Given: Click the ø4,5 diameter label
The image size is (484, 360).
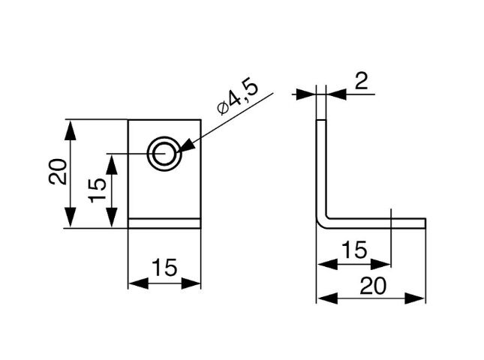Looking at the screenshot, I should pyautogui.click(x=237, y=97).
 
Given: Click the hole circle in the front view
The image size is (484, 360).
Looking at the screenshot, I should pyautogui.click(x=162, y=154).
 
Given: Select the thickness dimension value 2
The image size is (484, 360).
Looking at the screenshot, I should pyautogui.click(x=362, y=80).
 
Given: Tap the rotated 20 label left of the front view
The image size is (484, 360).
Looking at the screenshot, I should pyautogui.click(x=58, y=173).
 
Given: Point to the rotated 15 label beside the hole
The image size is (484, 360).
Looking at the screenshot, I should pyautogui.click(x=96, y=190).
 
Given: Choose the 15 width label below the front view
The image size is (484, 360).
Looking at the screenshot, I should pyautogui.click(x=165, y=267).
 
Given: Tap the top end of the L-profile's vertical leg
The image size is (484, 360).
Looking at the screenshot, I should pyautogui.click(x=321, y=122).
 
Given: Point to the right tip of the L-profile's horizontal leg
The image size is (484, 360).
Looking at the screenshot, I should pyautogui.click(x=425, y=221).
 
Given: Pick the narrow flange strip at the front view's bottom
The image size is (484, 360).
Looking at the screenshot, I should pyautogui.click(x=165, y=223).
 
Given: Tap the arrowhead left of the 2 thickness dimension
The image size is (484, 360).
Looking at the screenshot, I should pyautogui.click(x=308, y=94).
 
